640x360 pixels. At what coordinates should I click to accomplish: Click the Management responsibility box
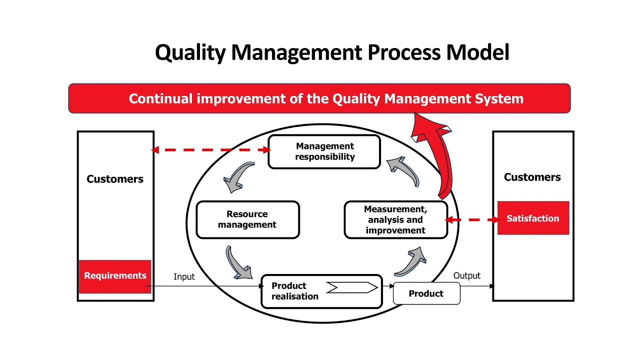coord(324,151)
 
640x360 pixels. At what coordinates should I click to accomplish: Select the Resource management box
coord(247,219)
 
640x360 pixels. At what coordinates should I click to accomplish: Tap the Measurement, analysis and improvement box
coord(395,219)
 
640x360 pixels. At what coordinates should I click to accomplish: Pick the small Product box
coord(426,293)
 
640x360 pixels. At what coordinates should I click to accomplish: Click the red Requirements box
coord(115,275)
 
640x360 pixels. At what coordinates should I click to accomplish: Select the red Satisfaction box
coord(533,218)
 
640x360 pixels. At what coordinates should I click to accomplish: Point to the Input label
coord(184,276)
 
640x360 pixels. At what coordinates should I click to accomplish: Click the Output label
coord(466,275)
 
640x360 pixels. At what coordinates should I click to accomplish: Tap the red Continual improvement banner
coord(319,98)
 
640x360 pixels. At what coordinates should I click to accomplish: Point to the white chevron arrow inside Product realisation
coord(351,287)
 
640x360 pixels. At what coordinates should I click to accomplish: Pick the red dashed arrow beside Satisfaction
coord(472,219)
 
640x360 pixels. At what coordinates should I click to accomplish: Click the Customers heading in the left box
coord(115,179)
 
